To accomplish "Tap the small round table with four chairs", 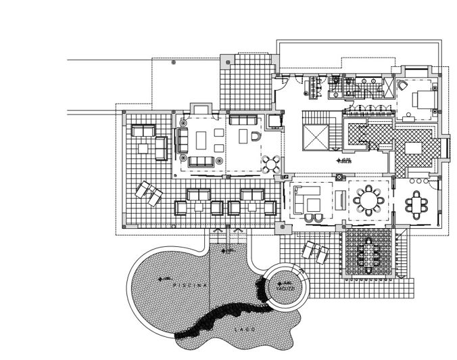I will (271, 163).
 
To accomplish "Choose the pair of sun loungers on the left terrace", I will (149, 194).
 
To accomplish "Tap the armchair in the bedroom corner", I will (400, 86).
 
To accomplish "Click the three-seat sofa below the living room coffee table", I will (201, 161).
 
